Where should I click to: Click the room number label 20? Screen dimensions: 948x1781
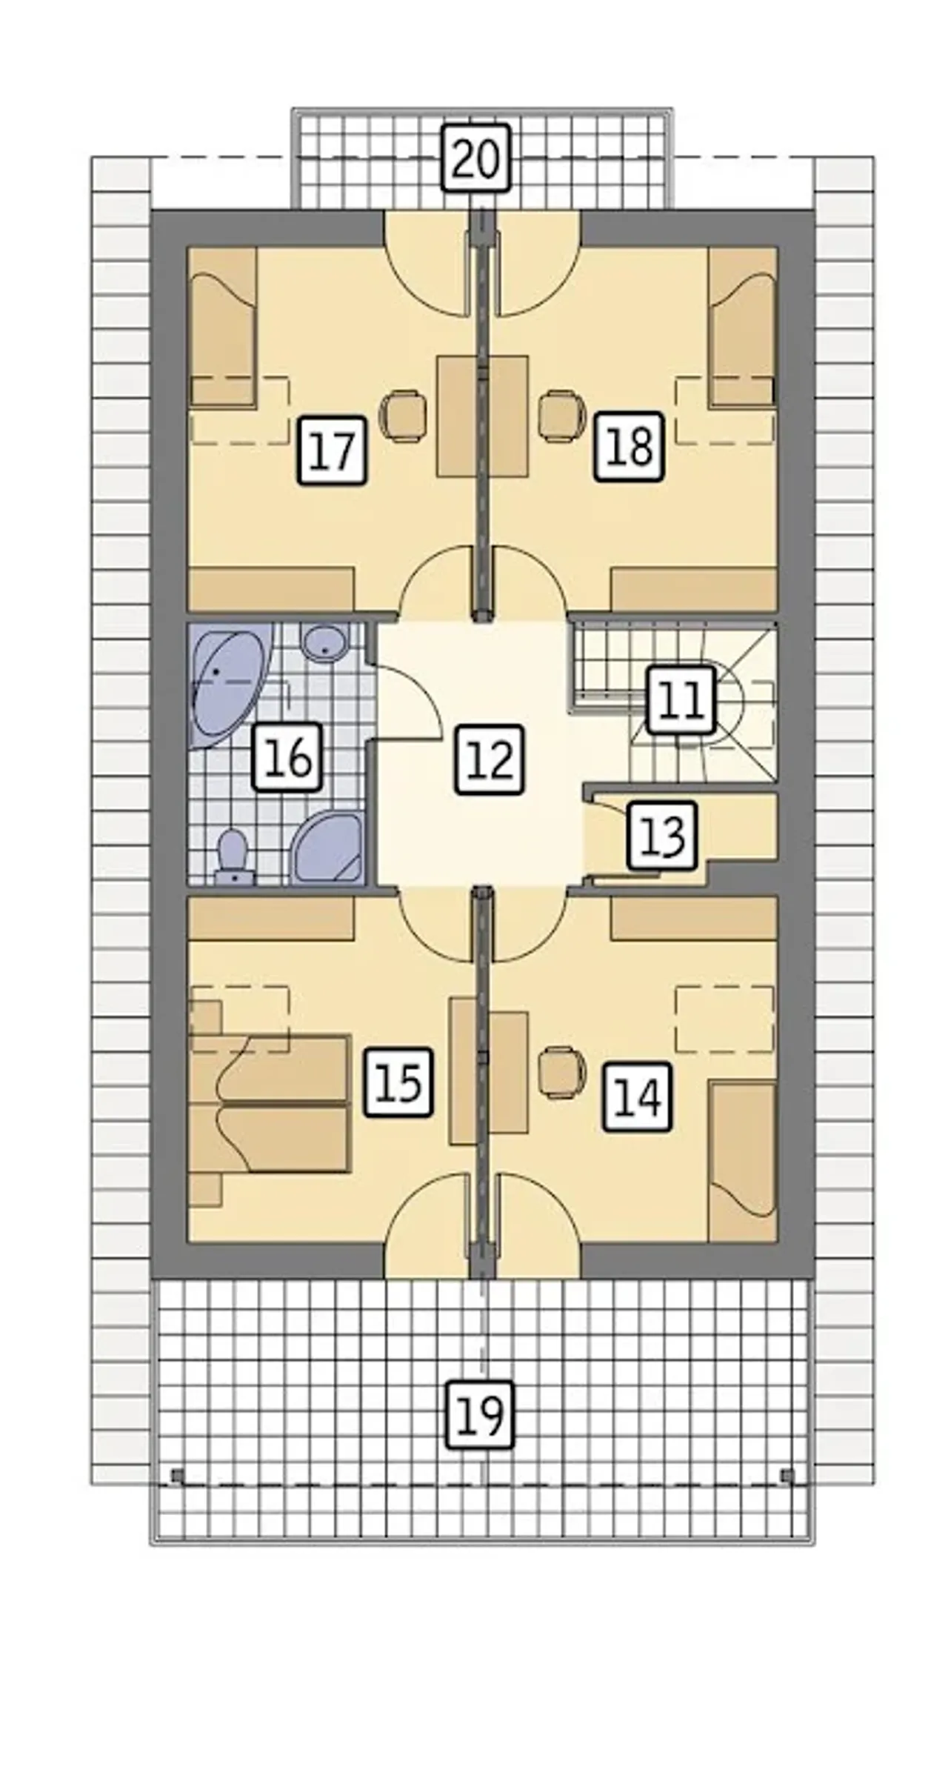click(477, 159)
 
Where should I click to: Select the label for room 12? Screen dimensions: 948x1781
click(490, 760)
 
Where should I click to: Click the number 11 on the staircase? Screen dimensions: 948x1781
click(681, 700)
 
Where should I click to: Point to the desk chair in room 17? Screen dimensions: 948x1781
click(403, 415)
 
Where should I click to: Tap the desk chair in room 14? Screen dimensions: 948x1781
click(561, 1072)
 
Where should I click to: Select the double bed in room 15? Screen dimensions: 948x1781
click(269, 1104)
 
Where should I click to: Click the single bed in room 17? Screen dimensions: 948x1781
click(223, 327)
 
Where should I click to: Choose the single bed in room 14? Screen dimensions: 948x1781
click(742, 1161)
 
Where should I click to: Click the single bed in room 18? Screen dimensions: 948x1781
click(743, 327)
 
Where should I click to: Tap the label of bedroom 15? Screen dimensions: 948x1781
click(398, 1082)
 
